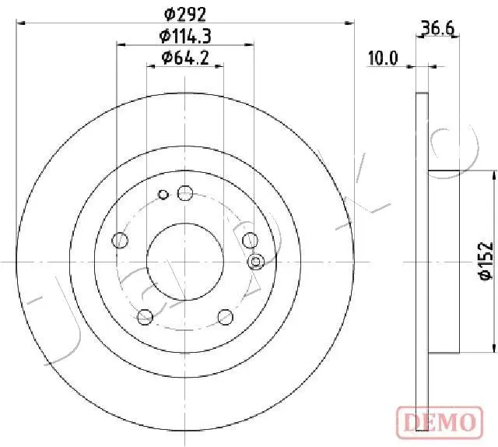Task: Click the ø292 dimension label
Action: tap(185, 12)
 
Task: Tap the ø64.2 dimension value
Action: tap(185, 57)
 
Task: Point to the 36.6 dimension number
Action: tap(437, 30)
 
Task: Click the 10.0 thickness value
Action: tap(383, 57)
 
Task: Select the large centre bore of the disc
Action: tap(185, 261)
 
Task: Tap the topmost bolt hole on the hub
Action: tap(185, 192)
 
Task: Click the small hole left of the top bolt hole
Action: tap(163, 195)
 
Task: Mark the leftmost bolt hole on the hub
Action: tap(120, 241)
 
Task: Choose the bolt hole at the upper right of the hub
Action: tap(250, 240)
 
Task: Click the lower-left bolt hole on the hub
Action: tap(145, 316)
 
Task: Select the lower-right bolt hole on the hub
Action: tap(226, 316)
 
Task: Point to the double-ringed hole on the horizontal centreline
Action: tap(255, 262)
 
